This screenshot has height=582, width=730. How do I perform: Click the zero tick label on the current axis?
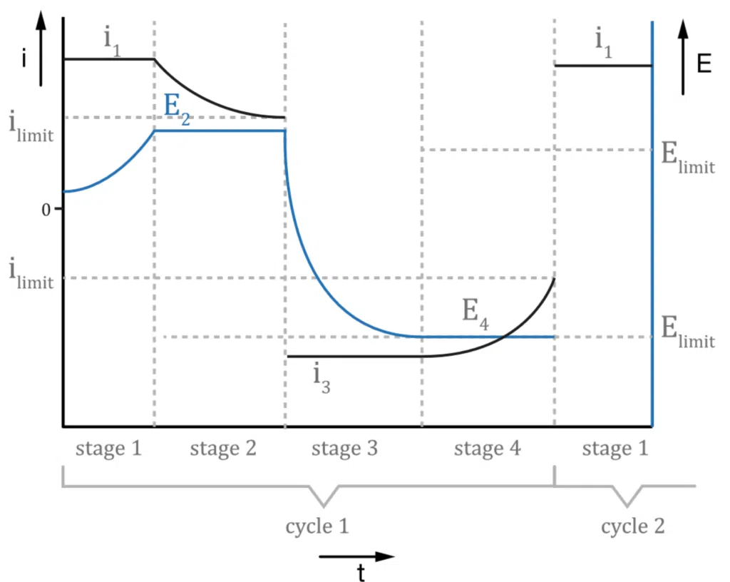(x=46, y=210)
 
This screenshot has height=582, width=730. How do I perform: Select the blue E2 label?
(x=177, y=109)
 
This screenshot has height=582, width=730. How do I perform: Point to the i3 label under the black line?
(x=322, y=379)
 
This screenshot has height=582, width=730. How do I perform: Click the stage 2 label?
(x=223, y=449)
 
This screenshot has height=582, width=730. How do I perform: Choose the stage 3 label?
(x=344, y=449)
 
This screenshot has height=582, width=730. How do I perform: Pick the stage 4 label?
(x=487, y=449)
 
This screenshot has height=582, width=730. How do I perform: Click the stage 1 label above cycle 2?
(x=615, y=449)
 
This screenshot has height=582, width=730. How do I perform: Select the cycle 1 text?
(x=317, y=526)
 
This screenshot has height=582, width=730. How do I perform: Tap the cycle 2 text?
(x=633, y=526)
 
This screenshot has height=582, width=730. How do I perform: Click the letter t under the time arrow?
(x=361, y=572)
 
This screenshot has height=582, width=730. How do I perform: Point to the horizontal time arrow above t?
(x=356, y=556)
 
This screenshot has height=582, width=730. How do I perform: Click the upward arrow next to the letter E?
(x=683, y=57)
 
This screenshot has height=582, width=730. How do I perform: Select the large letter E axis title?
(x=704, y=63)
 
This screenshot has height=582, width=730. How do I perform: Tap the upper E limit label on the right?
(x=688, y=158)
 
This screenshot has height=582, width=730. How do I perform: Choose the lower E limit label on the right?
(x=688, y=332)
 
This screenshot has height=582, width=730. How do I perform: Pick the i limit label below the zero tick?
(x=31, y=273)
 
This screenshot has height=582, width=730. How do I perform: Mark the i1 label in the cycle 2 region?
(x=604, y=43)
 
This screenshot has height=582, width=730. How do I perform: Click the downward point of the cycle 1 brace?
(x=324, y=506)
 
